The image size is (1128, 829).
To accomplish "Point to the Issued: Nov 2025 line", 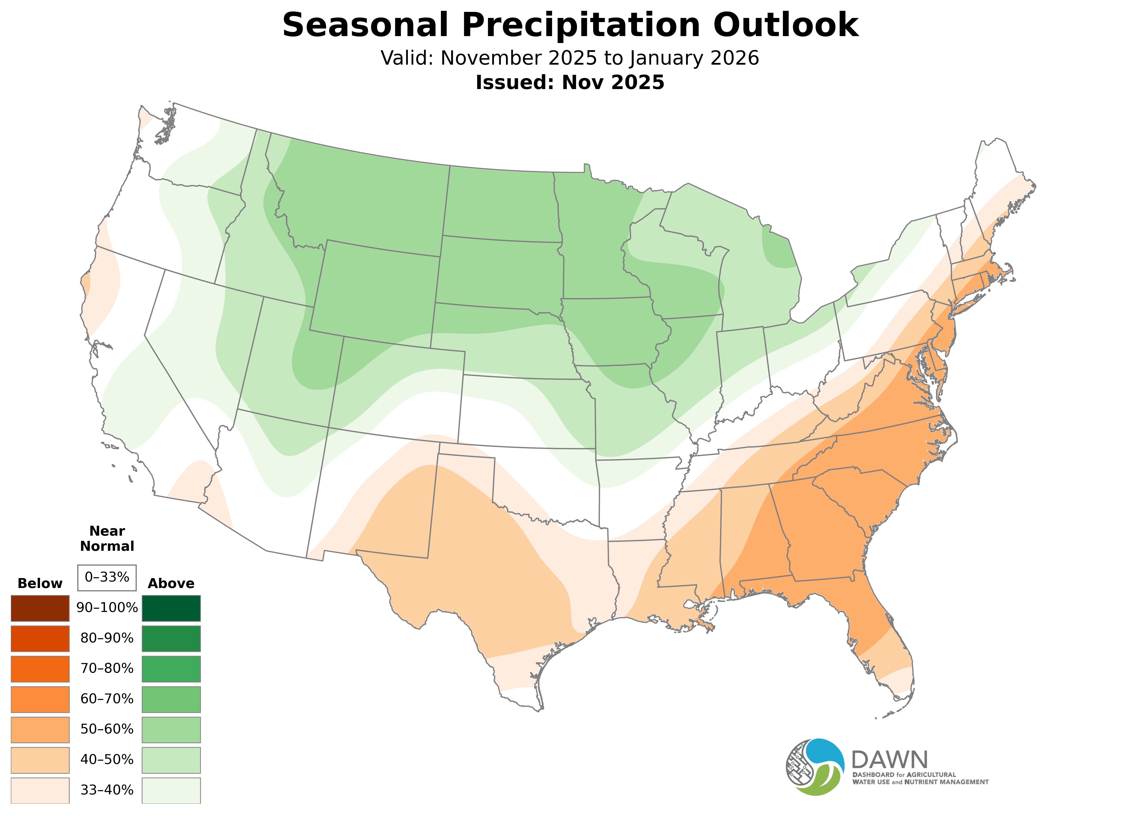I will click(570, 82).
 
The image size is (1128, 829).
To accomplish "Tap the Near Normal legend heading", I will click(107, 538).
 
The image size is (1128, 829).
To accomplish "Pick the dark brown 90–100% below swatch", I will click(40, 608).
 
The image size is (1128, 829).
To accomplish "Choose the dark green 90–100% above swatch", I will click(171, 608).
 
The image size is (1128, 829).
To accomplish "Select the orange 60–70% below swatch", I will click(40, 699).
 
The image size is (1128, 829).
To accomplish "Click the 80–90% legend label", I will click(107, 638).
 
